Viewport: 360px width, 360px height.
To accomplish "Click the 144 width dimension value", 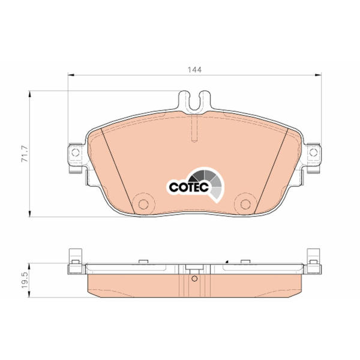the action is pos(194,70).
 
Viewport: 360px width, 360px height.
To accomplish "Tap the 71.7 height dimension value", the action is pos(25,154).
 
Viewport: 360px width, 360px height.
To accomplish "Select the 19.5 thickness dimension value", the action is pos(25,280).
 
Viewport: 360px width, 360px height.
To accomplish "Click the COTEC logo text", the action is pos(189,187).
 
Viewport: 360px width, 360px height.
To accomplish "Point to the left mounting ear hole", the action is pos(76,152).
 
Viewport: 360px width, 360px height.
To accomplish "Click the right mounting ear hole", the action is pos(313,152).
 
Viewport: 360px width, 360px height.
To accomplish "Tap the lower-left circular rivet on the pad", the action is pos(144,204).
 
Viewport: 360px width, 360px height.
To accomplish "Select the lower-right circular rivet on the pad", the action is pos(245,204).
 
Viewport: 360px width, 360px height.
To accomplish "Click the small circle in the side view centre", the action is pos(194,279).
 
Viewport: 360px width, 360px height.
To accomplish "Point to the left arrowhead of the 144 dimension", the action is pos(71,75).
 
